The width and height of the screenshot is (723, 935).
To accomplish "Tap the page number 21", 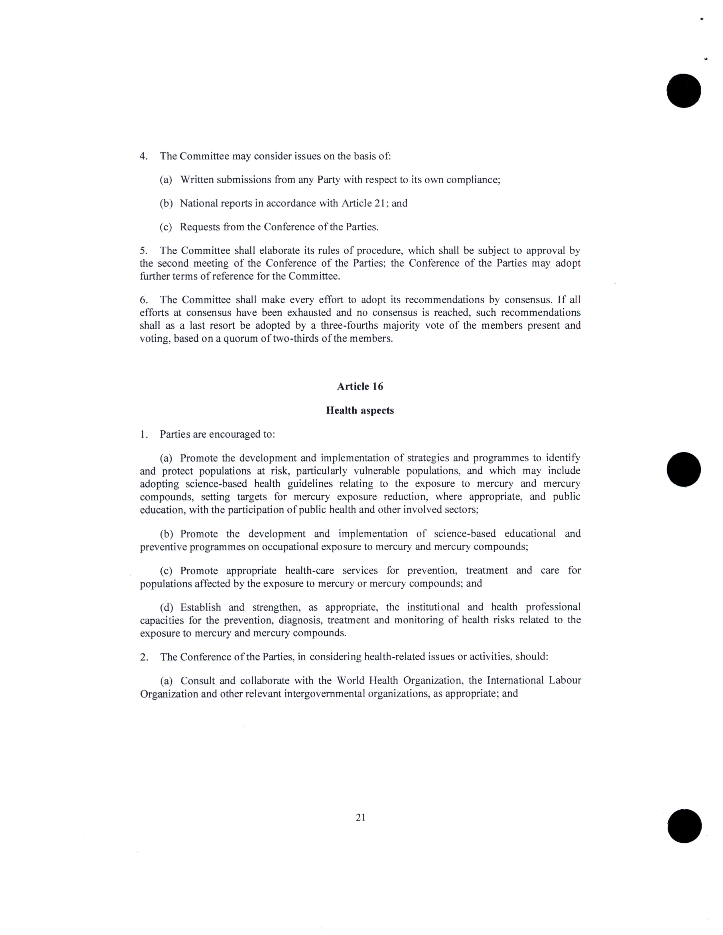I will tap(360, 817).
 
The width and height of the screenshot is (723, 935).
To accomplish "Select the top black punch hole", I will tap(684, 91).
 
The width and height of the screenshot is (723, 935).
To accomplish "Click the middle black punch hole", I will tap(684, 469).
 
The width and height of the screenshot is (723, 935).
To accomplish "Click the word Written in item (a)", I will tap(197, 179).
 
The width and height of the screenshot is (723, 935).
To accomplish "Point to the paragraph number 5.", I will tap(143, 250).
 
